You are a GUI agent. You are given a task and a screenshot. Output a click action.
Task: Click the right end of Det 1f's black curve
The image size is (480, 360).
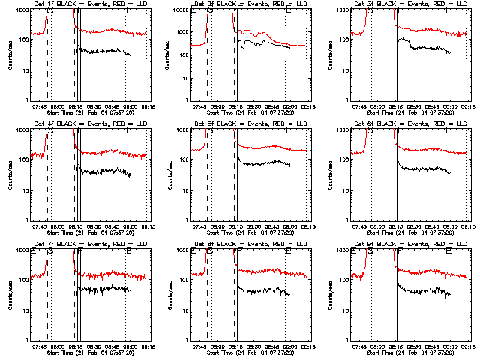(130, 55)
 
